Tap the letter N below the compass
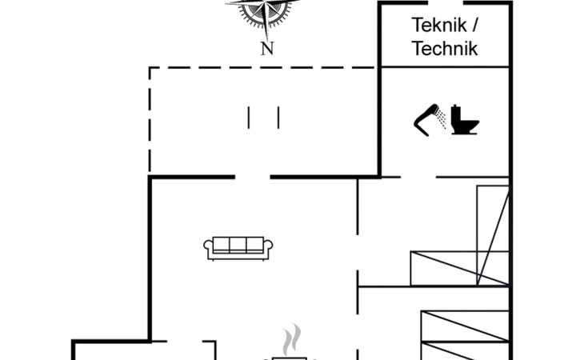click(267, 48)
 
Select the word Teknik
click(439, 24)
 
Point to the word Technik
click(445, 49)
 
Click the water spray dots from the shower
click(439, 119)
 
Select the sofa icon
click(239, 247)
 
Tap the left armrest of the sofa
click(210, 249)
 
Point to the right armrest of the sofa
click(269, 249)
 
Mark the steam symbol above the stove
click(293, 338)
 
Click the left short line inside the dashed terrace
click(249, 117)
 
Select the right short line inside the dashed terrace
click(278, 117)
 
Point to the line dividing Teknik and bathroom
click(445, 67)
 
